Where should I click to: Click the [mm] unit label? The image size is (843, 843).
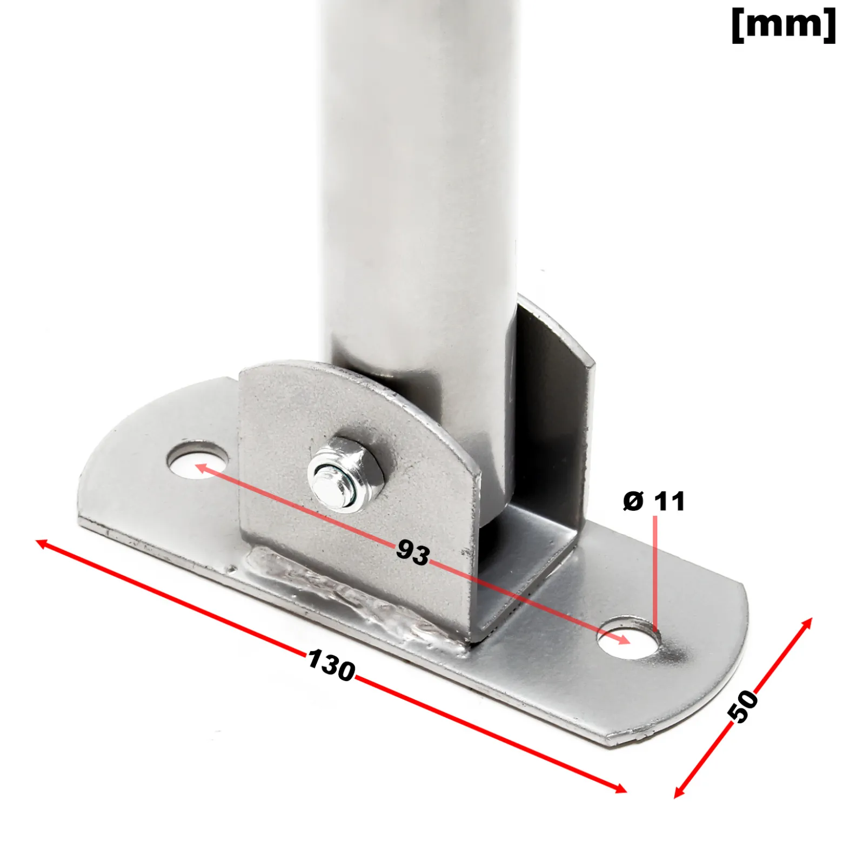tap(784, 25)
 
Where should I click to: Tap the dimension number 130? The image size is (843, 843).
tap(332, 665)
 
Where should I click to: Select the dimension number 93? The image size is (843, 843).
tap(413, 552)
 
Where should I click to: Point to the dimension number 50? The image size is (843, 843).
tap(744, 705)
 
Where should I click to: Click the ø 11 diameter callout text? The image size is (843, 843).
tap(654, 501)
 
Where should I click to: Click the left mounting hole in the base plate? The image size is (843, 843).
tap(198, 460)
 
